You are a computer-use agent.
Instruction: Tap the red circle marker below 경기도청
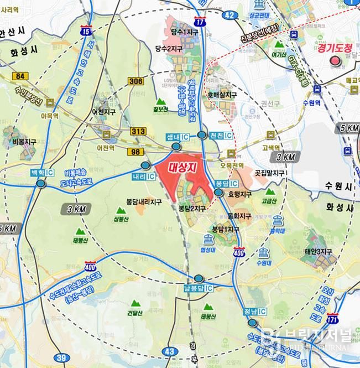pos(334,61)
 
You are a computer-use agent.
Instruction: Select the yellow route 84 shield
pos(21,76)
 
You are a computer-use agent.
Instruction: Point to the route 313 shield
pos(138,131)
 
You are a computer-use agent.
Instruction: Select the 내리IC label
pos(143,176)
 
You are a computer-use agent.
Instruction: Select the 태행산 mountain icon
pos(80,231)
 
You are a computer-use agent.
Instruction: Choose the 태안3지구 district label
pos(319,252)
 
